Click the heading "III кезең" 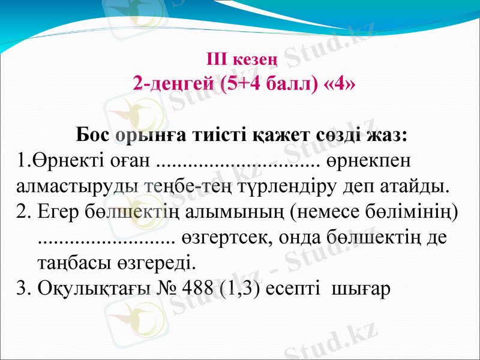[x=241, y=59]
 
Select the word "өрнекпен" [x=373, y=161]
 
